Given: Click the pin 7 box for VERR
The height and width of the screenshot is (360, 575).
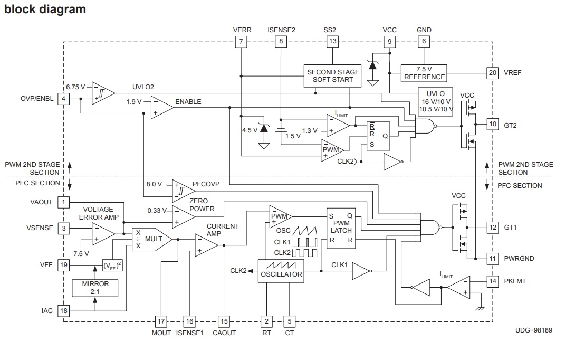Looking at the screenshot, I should click(241, 41).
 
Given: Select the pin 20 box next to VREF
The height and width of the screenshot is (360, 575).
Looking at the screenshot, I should click(492, 72).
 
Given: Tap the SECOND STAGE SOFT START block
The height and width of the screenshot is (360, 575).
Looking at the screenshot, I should click(333, 75).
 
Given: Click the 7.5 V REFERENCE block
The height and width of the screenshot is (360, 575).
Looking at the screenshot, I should click(424, 73).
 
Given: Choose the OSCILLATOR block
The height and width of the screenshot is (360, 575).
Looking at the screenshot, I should click(281, 271).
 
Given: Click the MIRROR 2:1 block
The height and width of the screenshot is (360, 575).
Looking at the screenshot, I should click(95, 287).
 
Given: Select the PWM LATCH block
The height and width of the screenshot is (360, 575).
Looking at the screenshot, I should click(341, 228).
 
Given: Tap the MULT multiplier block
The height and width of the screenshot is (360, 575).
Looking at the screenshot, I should click(151, 239).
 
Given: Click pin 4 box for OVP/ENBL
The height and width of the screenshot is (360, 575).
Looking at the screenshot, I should click(63, 99).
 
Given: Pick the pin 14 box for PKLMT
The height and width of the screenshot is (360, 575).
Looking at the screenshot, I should click(493, 281).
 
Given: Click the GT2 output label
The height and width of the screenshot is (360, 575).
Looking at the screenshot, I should click(511, 125).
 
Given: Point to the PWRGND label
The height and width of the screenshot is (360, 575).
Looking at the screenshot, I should click(519, 259).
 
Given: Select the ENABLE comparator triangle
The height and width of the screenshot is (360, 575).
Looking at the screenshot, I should click(161, 107).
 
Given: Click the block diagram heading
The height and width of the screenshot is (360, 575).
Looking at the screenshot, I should click(45, 10).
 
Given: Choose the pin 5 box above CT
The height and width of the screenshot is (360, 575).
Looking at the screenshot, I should click(289, 321).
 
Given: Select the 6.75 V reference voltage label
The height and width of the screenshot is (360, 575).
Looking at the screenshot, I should click(75, 87).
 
